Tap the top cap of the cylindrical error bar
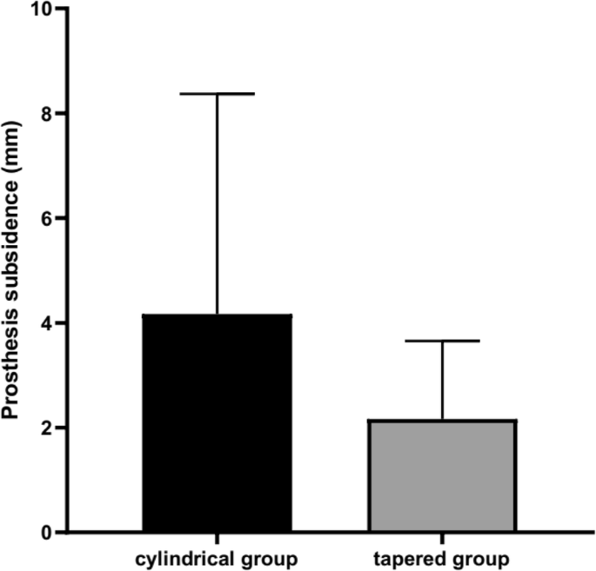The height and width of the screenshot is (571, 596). click(218, 93)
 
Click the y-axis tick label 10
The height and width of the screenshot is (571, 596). click(42, 9)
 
